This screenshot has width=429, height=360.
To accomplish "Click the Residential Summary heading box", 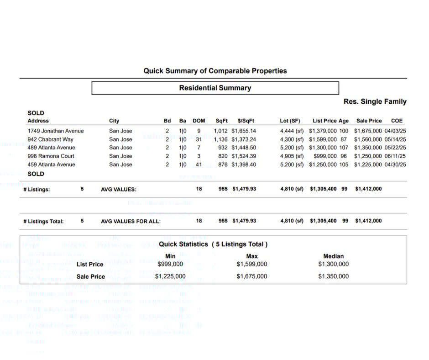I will pos(215,88).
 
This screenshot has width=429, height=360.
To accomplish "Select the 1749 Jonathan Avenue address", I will pos(56,131).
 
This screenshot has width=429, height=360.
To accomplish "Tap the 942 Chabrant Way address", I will pos(50,139).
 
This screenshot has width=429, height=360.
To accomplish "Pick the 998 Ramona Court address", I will pos(51,156).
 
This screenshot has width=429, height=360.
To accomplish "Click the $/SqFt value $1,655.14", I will pos(244,131).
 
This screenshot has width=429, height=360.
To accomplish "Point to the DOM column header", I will pos(199,121).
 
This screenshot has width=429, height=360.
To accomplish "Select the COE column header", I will pos(397,121).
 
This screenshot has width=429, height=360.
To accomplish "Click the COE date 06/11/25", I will pos(395,156).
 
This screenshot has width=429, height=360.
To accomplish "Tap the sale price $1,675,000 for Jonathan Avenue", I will pos(368,131).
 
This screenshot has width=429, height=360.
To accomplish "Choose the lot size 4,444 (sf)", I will pos(292,131).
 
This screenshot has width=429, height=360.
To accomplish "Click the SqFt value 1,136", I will pos(220,139).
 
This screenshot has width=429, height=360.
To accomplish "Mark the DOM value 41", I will pos(199,164).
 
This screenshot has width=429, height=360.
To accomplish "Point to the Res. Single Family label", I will pos(375,101).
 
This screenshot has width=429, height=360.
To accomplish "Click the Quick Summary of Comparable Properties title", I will pos(215,71).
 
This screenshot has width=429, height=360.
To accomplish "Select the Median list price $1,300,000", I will pos(333,264).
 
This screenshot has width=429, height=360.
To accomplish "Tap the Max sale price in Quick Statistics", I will pos(252,276).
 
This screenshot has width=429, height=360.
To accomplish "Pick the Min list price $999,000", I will pos(170,264).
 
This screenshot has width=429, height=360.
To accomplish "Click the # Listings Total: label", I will pos(43,221).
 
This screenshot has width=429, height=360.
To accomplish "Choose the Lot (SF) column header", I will pos(290,121).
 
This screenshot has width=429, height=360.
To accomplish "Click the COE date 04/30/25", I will pos(395,164).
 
